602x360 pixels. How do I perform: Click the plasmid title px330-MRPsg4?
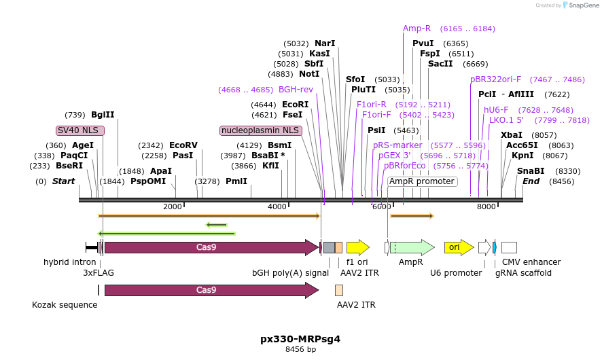tap(300, 338)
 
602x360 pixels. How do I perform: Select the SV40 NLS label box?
tap(81, 130)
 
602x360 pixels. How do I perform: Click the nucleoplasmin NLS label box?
tap(260, 130)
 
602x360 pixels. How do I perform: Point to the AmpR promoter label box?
tap(422, 181)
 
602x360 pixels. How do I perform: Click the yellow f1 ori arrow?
tap(357, 247)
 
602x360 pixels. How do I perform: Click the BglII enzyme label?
tap(103, 115)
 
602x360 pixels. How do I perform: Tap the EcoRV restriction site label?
tap(183, 145)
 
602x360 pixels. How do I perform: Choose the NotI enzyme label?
tap(309, 74)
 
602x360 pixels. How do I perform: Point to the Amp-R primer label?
tap(417, 29)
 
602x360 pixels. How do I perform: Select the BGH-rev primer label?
tap(296, 89)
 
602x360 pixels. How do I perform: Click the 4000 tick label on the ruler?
tap(277, 206)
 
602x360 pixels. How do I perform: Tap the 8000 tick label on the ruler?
tap(486, 206)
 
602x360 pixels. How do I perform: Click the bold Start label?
tap(63, 181)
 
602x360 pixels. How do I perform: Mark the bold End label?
tap(531, 181)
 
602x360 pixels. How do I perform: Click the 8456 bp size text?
tap(300, 350)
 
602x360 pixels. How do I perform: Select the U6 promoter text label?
tap(456, 273)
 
